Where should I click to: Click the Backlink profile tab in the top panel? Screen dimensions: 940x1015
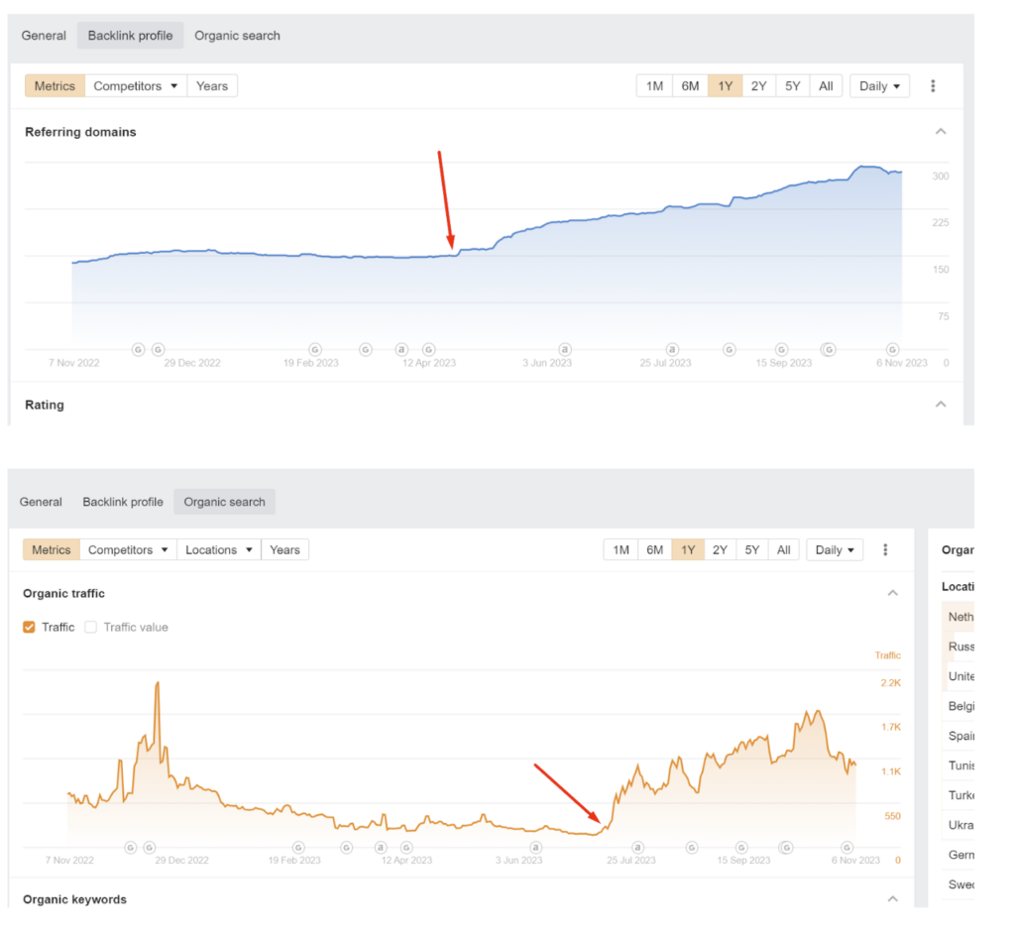pyautogui.click(x=130, y=36)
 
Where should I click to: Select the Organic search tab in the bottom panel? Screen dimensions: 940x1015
pyautogui.click(x=224, y=502)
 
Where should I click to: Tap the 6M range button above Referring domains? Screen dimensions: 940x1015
pyautogui.click(x=690, y=86)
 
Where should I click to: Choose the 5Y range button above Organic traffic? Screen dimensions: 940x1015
pyautogui.click(x=751, y=549)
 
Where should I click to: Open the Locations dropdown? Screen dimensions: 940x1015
pyautogui.click(x=219, y=549)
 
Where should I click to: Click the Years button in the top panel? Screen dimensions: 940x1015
pyautogui.click(x=211, y=86)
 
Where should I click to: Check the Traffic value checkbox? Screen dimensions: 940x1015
pyautogui.click(x=91, y=627)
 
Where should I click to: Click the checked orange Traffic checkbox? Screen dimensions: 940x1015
pyautogui.click(x=29, y=627)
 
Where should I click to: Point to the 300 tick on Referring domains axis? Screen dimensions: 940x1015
pyautogui.click(x=940, y=176)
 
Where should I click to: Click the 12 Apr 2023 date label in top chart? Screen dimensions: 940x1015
pyautogui.click(x=428, y=363)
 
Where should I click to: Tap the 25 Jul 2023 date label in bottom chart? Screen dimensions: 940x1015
pyautogui.click(x=631, y=861)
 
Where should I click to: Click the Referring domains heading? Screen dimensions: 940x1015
pyautogui.click(x=80, y=132)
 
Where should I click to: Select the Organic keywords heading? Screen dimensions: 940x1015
pyautogui.click(x=74, y=899)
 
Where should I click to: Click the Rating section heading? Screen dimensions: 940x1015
pyautogui.click(x=45, y=405)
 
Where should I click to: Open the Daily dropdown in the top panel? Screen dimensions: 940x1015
pyautogui.click(x=879, y=86)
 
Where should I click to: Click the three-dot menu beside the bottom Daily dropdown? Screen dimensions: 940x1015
pyautogui.click(x=885, y=549)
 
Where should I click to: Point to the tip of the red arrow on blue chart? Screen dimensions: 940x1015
pyautogui.click(x=452, y=248)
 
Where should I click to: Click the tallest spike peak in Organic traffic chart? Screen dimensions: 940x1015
pyautogui.click(x=157, y=683)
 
